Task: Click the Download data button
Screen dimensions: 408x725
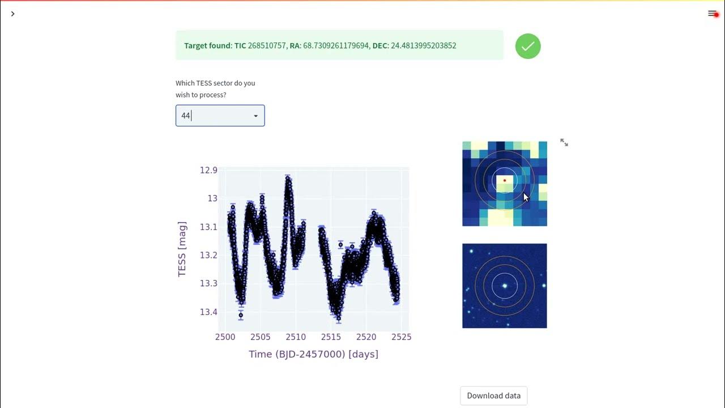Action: pos(493,396)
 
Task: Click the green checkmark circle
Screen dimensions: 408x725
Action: pos(528,46)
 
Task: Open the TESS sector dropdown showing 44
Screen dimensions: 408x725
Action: pos(220,116)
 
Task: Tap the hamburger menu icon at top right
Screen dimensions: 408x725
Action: pos(712,14)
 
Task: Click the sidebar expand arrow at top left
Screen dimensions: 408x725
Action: pos(12,14)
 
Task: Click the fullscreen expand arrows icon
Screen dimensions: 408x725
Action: pos(564,143)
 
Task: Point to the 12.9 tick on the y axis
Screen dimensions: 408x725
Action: pos(208,170)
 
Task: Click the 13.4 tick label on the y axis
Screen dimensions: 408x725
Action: pos(208,312)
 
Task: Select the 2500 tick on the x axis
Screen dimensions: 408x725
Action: pos(225,337)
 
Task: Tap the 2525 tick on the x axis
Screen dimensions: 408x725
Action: pos(401,337)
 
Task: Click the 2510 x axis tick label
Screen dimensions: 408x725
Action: pos(296,337)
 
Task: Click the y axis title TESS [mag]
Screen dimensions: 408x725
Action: pos(182,249)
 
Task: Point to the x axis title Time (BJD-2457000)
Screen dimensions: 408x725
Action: pos(313,354)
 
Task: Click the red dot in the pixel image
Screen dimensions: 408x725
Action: pos(505,181)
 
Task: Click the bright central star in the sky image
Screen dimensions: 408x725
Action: pos(505,286)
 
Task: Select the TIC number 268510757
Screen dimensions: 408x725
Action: pos(267,45)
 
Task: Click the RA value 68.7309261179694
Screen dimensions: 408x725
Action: pos(335,45)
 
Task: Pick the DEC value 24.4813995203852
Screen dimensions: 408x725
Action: pos(423,45)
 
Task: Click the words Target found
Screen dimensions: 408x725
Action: pos(207,45)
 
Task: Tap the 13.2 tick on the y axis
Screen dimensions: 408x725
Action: pos(208,255)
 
